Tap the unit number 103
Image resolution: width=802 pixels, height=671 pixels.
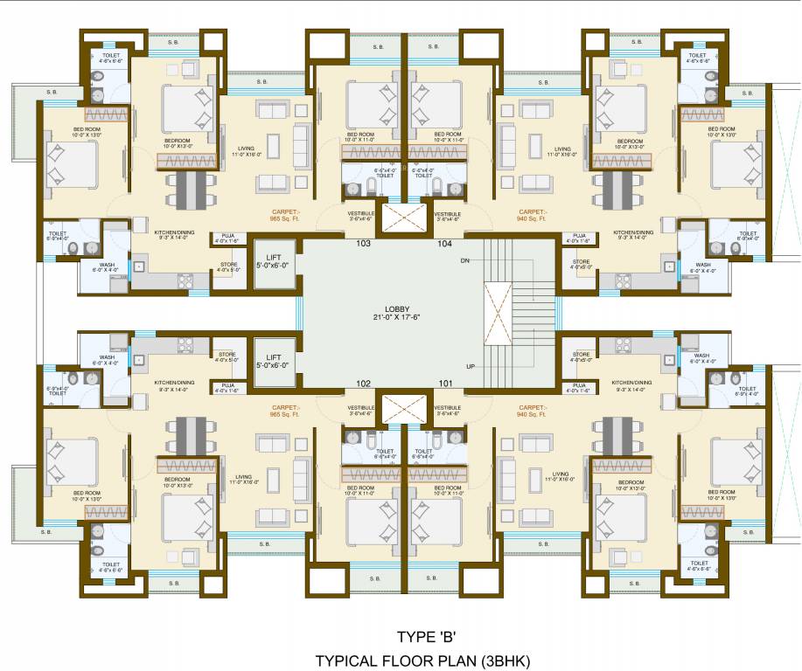(364, 244)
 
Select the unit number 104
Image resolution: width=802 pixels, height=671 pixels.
(444, 244)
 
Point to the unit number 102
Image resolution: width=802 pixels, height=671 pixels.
(364, 383)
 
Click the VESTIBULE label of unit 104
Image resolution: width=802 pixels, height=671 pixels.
(448, 216)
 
